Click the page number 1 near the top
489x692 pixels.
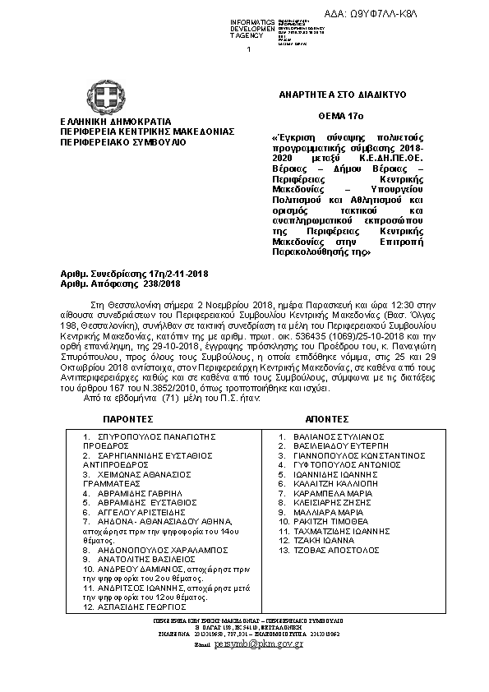[247, 50]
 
